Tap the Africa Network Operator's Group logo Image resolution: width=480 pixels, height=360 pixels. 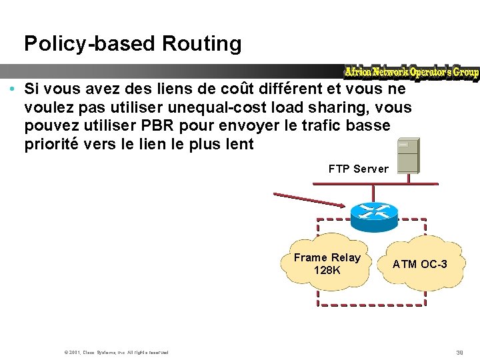pos(411,72)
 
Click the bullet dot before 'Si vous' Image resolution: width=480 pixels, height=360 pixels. pos(13,89)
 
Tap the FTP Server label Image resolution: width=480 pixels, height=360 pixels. pos(358,169)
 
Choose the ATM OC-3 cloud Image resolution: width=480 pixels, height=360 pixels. pos(419,264)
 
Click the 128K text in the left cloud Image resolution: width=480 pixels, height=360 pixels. pos(327,271)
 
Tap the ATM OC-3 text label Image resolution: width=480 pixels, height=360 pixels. pos(419,264)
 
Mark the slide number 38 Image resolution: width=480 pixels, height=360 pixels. pos(459,351)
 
